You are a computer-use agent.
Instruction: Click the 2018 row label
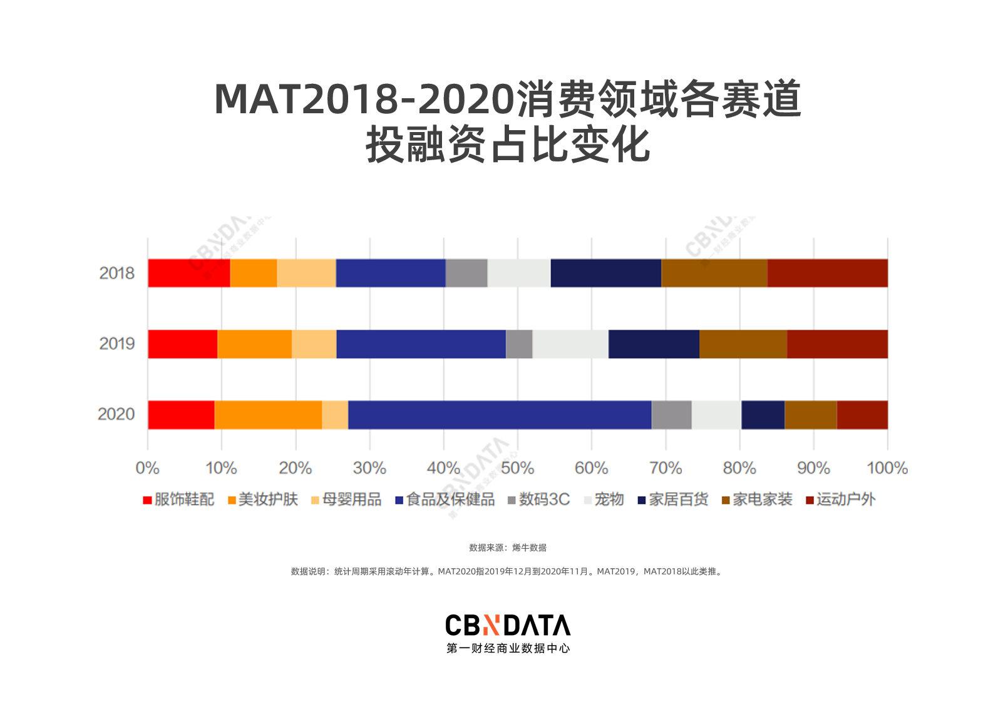117,273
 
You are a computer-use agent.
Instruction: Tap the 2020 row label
116,414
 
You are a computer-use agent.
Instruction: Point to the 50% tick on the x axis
517,468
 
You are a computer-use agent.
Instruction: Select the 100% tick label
887,468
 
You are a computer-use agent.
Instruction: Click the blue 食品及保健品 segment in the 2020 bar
500,415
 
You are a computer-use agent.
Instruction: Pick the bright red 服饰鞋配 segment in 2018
189,273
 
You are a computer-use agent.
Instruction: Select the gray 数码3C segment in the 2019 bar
519,344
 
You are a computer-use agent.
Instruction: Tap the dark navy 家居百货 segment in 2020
763,415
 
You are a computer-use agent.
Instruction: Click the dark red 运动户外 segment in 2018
827,273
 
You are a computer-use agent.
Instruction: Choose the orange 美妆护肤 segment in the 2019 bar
255,344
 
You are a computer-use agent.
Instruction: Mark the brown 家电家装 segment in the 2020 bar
810,415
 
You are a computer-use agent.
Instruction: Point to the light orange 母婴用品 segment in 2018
306,273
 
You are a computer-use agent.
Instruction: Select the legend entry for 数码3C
539,499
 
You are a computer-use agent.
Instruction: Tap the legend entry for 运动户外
841,499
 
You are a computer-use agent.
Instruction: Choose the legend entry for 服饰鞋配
179,499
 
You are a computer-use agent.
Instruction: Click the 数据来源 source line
508,547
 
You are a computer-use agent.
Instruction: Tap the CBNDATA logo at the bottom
508,625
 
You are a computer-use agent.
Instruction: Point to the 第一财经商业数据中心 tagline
508,649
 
